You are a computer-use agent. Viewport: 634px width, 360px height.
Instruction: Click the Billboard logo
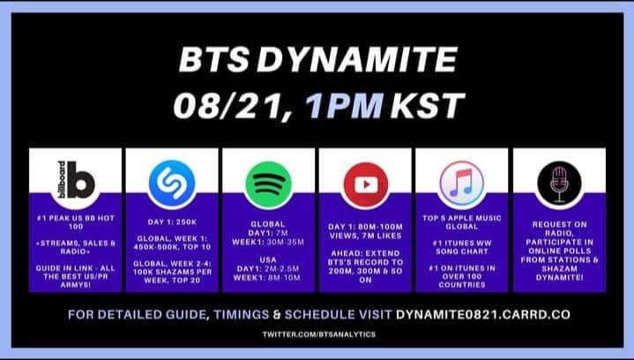(76, 180)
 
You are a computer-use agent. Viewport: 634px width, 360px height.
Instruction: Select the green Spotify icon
(268, 184)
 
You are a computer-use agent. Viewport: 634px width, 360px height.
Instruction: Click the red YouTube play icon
(366, 185)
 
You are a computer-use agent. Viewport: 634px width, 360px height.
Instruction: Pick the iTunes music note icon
(462, 183)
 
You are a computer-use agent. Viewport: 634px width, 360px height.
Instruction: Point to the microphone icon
(559, 184)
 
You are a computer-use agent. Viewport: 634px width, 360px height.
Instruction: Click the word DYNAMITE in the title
(357, 60)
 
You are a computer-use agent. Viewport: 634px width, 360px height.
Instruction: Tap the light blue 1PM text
(344, 106)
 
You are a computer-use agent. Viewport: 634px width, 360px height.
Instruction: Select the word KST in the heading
(428, 106)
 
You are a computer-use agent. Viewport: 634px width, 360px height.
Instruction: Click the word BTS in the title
(213, 60)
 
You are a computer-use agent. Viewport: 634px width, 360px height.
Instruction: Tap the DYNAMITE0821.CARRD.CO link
(483, 315)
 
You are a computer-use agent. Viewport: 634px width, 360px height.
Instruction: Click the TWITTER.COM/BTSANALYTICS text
(319, 334)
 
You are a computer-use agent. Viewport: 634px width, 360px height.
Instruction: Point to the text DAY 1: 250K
(172, 222)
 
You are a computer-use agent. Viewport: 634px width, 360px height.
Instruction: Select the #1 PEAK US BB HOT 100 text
(76, 222)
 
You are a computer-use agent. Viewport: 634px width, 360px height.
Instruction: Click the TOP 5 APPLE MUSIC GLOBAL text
(462, 222)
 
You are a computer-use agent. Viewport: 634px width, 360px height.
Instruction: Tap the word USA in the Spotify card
(268, 259)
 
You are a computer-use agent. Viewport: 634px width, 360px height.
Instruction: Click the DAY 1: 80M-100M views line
(366, 227)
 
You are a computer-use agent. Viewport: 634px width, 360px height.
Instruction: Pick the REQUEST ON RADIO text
(559, 229)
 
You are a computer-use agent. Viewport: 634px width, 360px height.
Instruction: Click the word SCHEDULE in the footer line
(336, 315)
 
